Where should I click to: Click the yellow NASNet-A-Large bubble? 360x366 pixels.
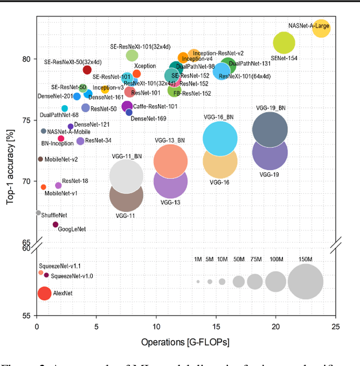coord(321,28)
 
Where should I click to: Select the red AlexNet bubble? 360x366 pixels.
coord(44,293)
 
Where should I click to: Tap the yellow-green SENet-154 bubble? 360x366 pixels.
coord(284,42)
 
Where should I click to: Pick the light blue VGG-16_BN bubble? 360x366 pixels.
coord(220,139)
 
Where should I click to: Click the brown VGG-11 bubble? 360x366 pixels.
coord(125,194)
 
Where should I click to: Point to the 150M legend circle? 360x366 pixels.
coord(305,282)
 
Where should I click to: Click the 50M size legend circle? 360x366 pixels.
coord(238,282)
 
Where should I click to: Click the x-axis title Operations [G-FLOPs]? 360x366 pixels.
coord(185,342)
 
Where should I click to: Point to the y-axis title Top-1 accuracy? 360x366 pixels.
coord(10,167)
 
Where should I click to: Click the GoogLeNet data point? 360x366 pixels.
coord(55,225)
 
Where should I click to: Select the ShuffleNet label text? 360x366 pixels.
coord(54,215)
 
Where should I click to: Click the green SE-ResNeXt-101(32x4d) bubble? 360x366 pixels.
coord(132,55)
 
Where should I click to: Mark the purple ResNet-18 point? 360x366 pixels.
coord(58,185)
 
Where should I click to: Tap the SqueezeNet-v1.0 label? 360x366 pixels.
coord(72,276)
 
